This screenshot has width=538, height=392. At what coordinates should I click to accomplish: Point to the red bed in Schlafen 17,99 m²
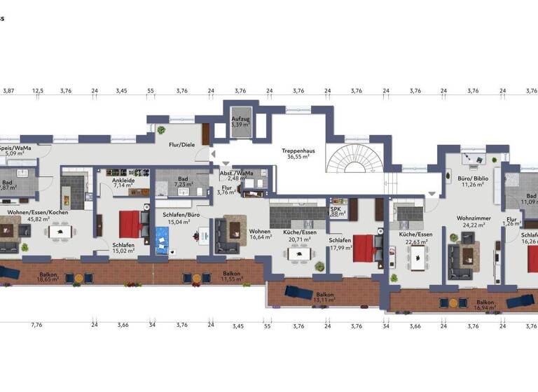tap(364, 247)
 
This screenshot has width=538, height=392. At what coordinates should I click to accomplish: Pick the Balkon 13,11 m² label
tap(324, 297)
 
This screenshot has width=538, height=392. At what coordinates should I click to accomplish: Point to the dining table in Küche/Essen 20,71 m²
tap(299, 253)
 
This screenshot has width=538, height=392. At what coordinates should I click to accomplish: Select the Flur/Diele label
tap(182, 145)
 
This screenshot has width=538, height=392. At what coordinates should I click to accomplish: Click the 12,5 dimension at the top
tap(37, 91)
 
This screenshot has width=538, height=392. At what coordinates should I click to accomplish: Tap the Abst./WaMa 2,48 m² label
tap(236, 175)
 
